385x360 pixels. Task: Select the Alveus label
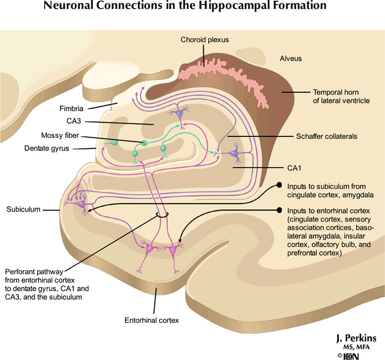[x=291, y=59]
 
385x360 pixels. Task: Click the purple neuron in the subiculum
[x=80, y=203]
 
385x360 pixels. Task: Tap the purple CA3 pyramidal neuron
[x=179, y=115]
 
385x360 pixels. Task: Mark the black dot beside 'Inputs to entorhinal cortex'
[x=280, y=211]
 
